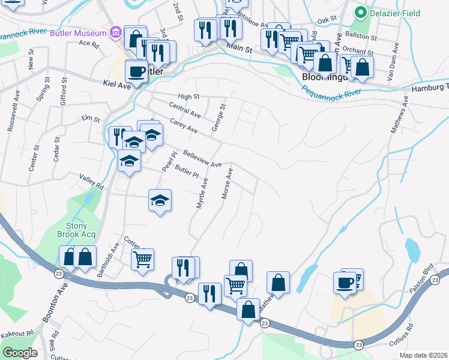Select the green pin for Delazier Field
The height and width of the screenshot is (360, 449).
(x=361, y=11)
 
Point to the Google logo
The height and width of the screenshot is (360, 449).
(x=20, y=352)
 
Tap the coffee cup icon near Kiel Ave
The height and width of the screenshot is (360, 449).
(x=136, y=71)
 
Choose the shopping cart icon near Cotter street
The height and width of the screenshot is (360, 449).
(x=142, y=259)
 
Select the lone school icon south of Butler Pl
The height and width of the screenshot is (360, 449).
(x=160, y=200)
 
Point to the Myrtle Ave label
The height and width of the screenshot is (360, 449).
(x=202, y=193)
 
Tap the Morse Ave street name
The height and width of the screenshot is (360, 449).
(x=227, y=184)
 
